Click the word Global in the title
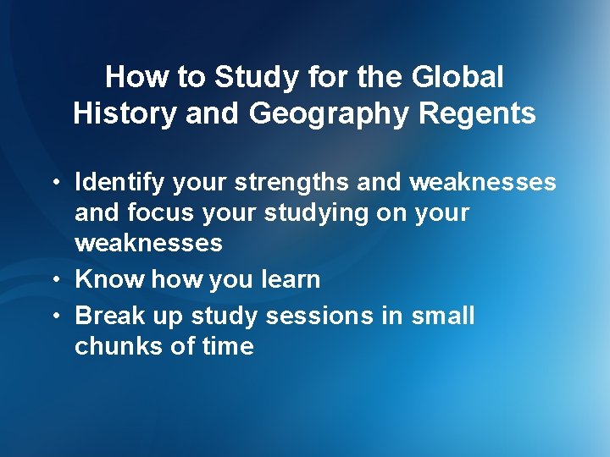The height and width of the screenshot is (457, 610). [x=458, y=78]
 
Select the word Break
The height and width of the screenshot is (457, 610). [x=110, y=316]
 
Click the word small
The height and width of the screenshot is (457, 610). [x=442, y=316]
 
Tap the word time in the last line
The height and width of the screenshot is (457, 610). [x=227, y=346]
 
